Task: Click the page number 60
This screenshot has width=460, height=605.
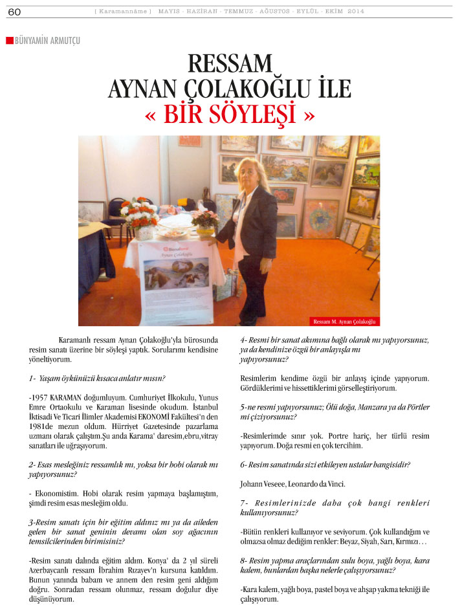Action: point(14,12)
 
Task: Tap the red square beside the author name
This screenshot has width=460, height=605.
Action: point(9,40)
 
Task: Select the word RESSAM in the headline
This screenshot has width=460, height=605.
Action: point(230,64)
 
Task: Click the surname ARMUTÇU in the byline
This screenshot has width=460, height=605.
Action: point(61,40)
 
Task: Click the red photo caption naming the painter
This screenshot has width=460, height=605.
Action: point(343,322)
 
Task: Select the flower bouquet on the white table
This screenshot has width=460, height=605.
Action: point(138,214)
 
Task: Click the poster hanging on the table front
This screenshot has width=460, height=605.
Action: point(176,278)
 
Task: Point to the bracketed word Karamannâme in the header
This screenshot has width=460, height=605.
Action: point(122,12)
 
